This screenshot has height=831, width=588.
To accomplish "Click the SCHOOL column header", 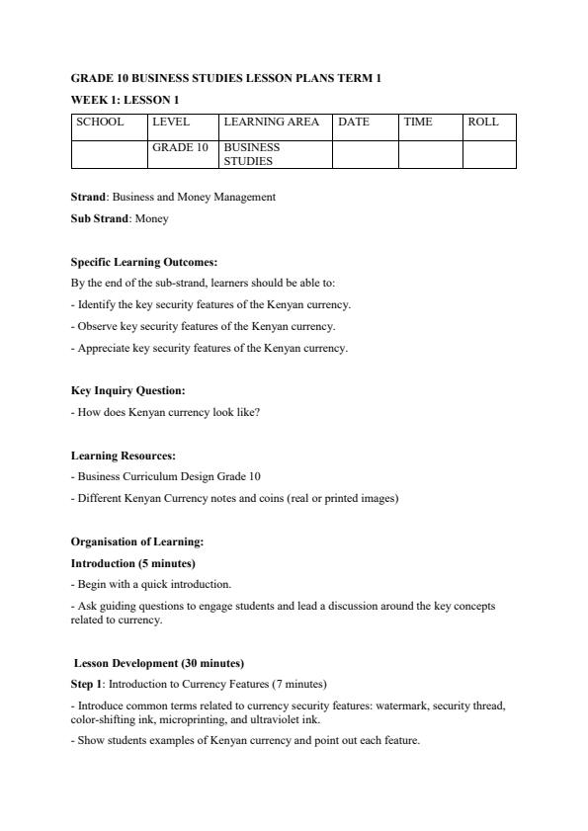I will pyautogui.click(x=100, y=123).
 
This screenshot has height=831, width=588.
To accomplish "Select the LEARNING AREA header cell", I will pyautogui.click(x=272, y=123).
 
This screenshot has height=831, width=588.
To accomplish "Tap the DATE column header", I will pyautogui.click(x=354, y=123).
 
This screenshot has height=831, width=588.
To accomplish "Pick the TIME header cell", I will pyautogui.click(x=418, y=123).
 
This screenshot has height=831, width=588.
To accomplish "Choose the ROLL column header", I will pyautogui.click(x=483, y=123).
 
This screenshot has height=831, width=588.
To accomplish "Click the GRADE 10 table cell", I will pyautogui.click(x=181, y=147).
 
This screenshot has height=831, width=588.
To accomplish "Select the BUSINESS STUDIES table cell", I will pyautogui.click(x=252, y=154).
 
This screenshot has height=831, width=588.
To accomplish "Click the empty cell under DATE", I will pyautogui.click(x=365, y=154).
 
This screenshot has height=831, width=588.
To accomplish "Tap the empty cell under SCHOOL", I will pyautogui.click(x=109, y=154).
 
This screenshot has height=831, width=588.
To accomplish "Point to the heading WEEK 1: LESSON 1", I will pyautogui.click(x=125, y=100).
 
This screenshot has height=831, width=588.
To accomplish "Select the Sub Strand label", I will pyautogui.click(x=100, y=218).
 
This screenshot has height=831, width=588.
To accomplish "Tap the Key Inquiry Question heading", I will pyautogui.click(x=127, y=390).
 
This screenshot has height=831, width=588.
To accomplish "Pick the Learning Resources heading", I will pyautogui.click(x=124, y=456).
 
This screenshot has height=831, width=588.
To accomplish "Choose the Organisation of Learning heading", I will pyautogui.click(x=137, y=541).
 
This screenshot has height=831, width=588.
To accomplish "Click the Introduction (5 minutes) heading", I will pyautogui.click(x=132, y=563).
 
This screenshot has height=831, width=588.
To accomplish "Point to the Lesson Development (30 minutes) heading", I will pyautogui.click(x=159, y=663).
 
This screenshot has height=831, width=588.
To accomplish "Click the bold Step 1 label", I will pyautogui.click(x=87, y=684).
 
